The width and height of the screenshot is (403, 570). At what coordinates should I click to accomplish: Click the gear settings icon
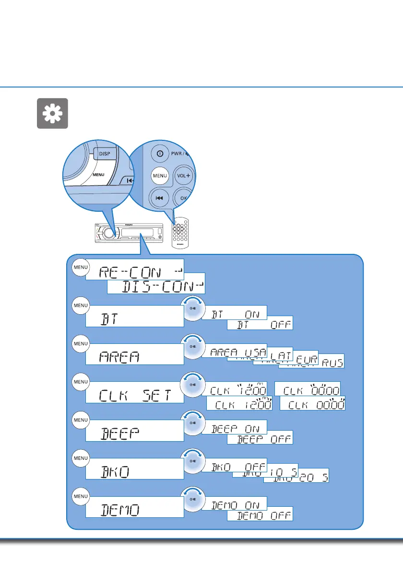[x=52, y=114]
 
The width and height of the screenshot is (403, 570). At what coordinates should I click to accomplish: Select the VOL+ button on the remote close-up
[x=182, y=175]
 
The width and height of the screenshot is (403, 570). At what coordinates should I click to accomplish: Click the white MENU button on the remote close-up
[x=160, y=176]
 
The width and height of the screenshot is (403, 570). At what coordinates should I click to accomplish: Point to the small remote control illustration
[x=179, y=234]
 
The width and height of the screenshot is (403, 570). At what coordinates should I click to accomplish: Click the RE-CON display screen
[x=135, y=272]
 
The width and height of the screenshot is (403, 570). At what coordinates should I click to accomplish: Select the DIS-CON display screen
[x=156, y=286]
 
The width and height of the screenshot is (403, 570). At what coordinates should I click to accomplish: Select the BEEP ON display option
[x=234, y=428]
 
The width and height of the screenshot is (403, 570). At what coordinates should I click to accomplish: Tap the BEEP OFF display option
[x=260, y=438]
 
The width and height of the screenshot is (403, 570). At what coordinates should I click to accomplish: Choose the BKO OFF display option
[x=234, y=467]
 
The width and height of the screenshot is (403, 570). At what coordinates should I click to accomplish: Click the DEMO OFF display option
[x=260, y=515]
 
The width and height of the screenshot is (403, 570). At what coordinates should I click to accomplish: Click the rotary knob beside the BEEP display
[x=192, y=423]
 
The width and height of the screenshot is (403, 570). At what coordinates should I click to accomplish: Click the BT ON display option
[x=234, y=313]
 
